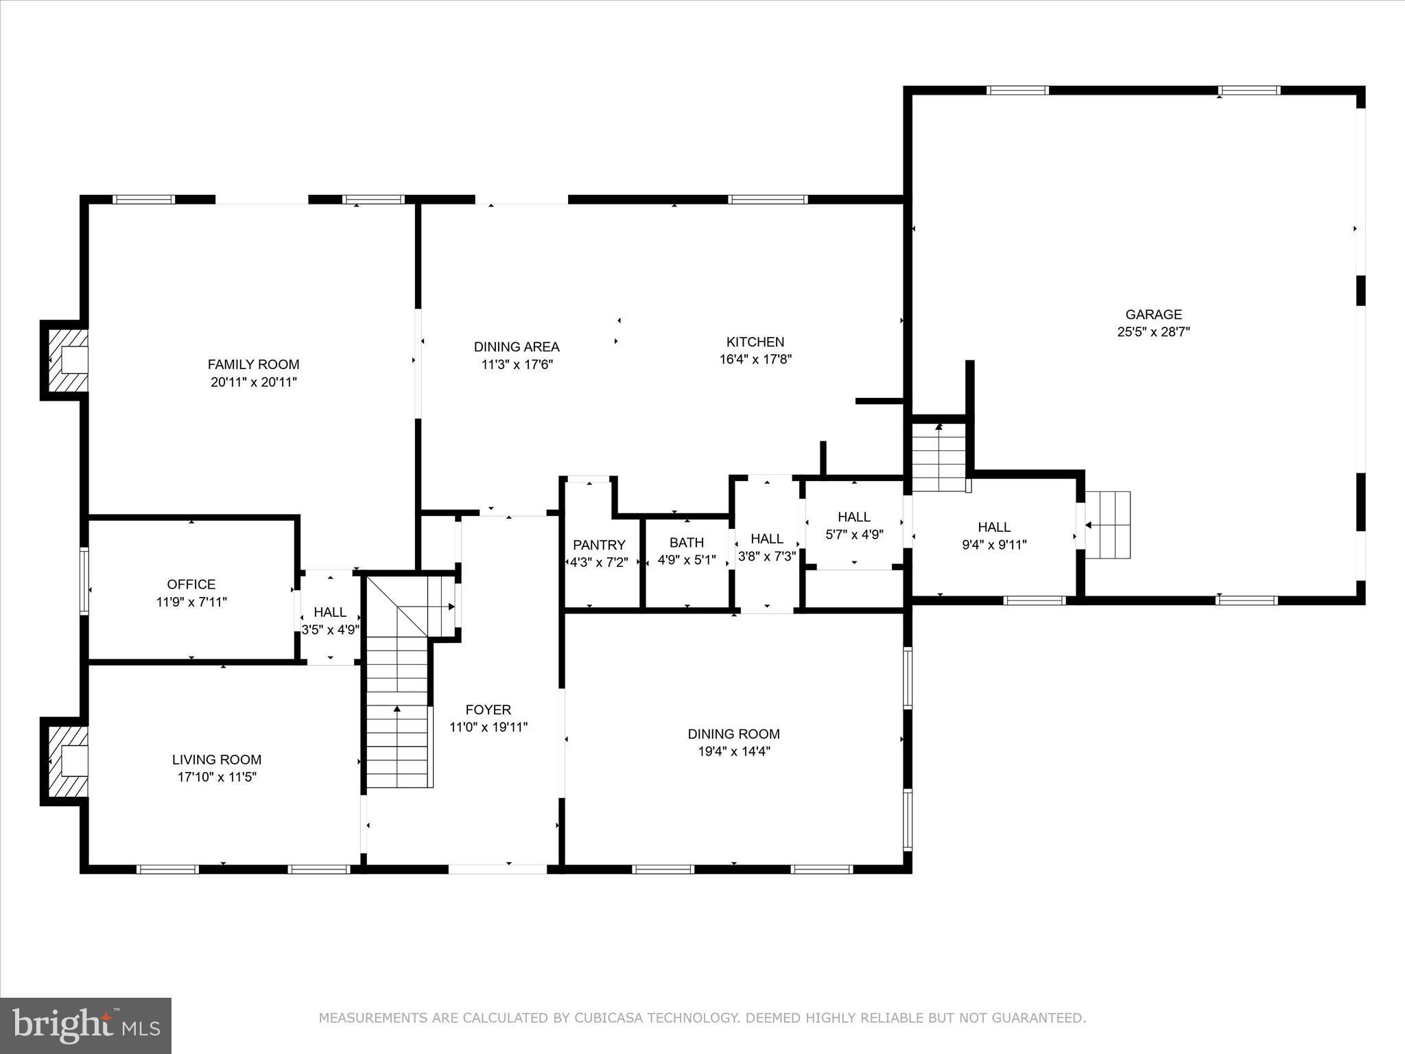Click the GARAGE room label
(x=1153, y=315)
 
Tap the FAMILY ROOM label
(x=254, y=364)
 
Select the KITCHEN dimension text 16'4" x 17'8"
(x=755, y=359)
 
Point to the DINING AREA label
(x=517, y=347)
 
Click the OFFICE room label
(x=191, y=585)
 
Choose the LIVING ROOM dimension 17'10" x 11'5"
(x=217, y=777)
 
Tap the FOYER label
(x=488, y=710)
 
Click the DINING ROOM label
(x=734, y=734)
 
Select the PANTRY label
(x=599, y=545)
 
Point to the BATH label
(x=687, y=543)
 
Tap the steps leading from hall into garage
(x=1107, y=526)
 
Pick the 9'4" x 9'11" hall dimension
(x=994, y=546)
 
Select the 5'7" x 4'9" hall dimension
(x=854, y=535)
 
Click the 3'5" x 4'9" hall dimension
(x=331, y=630)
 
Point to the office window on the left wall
(x=84, y=580)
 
